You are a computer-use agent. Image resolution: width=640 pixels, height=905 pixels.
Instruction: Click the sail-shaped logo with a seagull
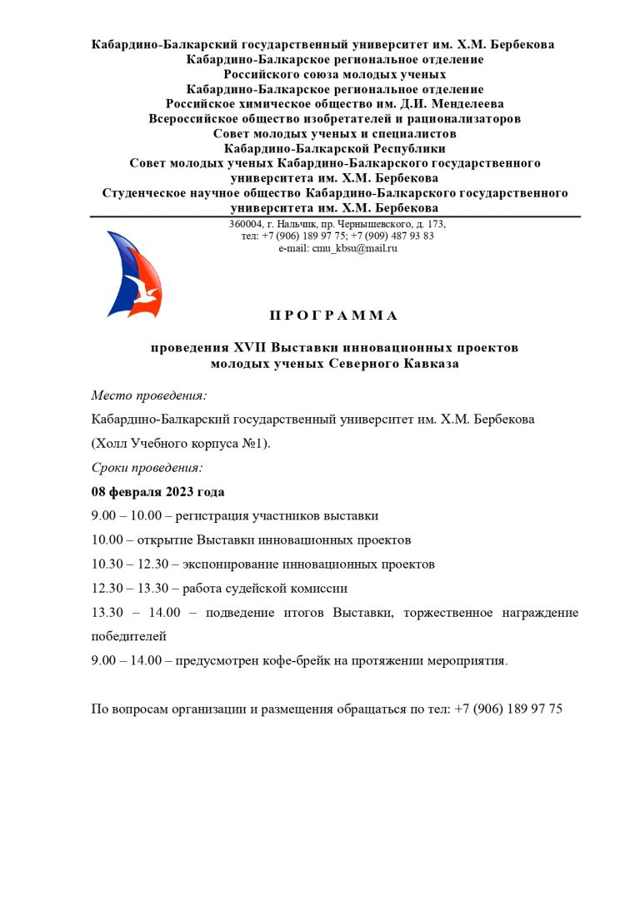click(x=134, y=275)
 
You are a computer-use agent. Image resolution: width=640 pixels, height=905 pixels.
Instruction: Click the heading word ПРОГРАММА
click(x=334, y=316)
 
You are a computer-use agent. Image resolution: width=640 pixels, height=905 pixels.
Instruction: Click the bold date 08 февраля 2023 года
click(x=157, y=492)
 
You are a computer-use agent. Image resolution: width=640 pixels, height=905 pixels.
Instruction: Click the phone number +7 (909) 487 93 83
click(x=392, y=236)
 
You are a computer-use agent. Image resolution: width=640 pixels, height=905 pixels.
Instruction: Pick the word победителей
click(x=129, y=637)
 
